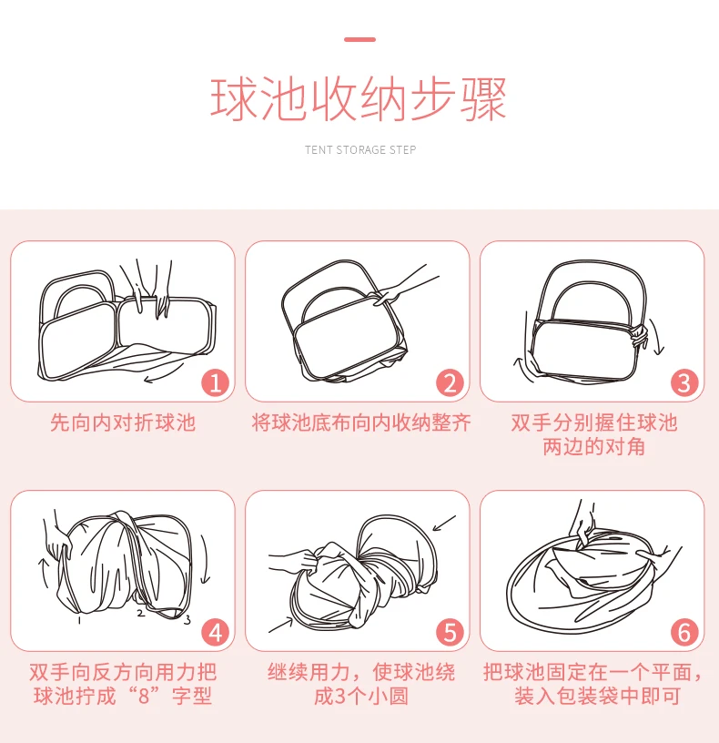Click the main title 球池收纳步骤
coord(359,99)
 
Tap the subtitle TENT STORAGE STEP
coord(360,149)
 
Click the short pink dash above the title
coord(360,39)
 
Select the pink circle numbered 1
coord(216,382)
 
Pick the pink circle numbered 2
coord(450,382)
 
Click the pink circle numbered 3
coord(684,382)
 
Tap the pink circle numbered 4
coord(216,632)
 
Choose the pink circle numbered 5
coord(450,632)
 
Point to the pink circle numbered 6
coord(684,632)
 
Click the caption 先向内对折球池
coord(123,422)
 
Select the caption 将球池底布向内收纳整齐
coord(361,422)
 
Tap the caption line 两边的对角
coord(593,446)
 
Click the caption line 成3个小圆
coord(361,696)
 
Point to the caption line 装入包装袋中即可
coord(597,696)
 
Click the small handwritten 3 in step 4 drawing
coord(187,619)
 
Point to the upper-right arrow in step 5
coord(444,524)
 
